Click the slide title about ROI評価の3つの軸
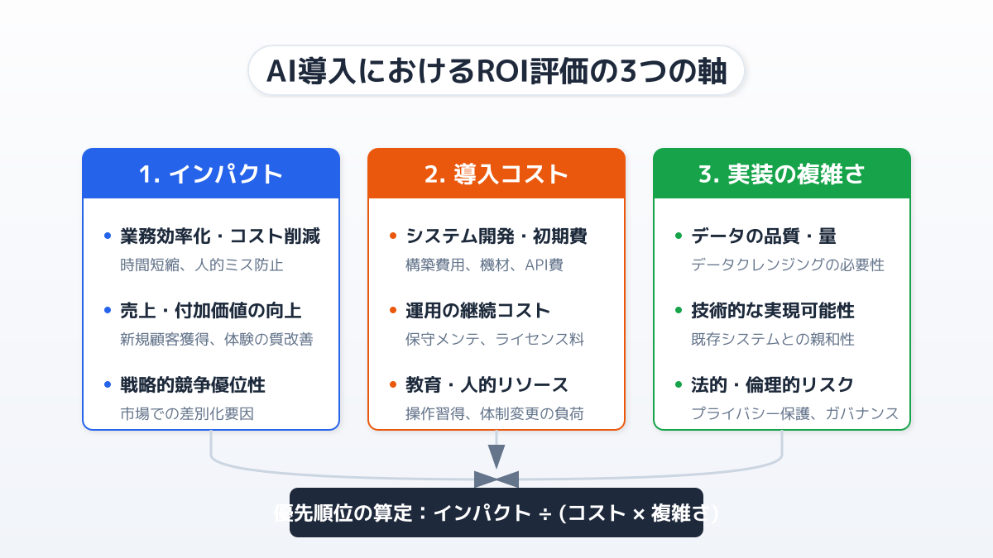point(496,71)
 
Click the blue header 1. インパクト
point(211,174)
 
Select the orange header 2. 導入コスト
point(496,174)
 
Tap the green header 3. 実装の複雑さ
point(782,174)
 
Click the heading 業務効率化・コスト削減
point(220,236)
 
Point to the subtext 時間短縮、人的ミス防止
point(202,265)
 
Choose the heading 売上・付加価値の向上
point(211,311)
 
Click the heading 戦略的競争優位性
point(193,385)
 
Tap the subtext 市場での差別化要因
point(187,413)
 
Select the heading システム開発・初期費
point(496,236)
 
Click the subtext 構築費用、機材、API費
point(485,265)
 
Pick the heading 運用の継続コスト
point(478,311)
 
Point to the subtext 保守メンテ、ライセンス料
point(495,339)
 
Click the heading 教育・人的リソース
point(487,385)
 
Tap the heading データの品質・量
point(764,236)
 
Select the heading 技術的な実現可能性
point(773,311)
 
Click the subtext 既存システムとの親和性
point(773,339)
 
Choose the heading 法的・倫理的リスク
point(773,385)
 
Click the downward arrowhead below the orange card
point(496,456)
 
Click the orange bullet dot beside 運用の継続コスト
point(393,310)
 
